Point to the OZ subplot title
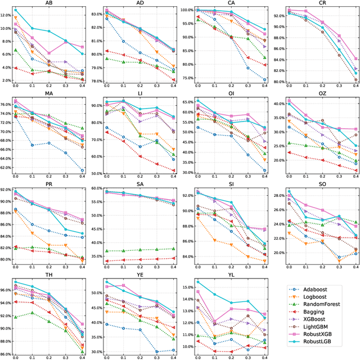pyautogui.click(x=322, y=93)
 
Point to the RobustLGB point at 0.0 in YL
pyautogui.click(x=197, y=282)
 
